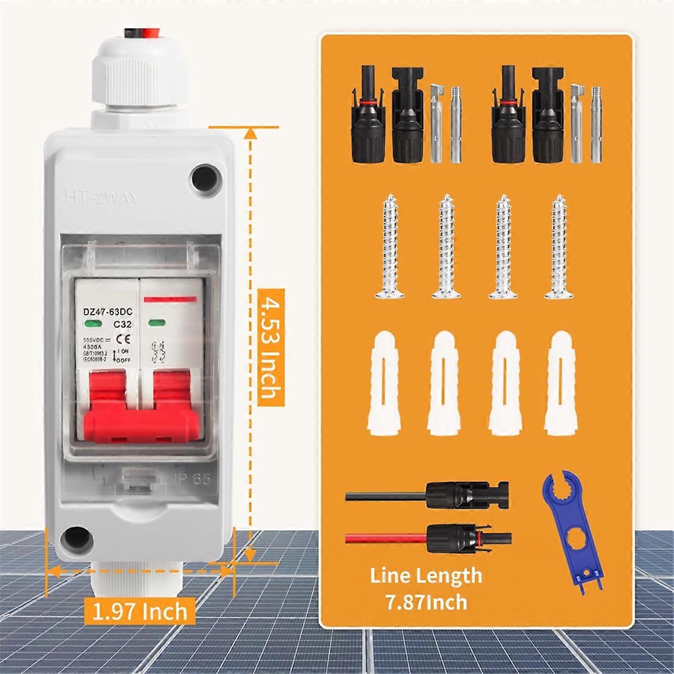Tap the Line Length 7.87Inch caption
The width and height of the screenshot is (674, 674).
(x=426, y=588)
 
